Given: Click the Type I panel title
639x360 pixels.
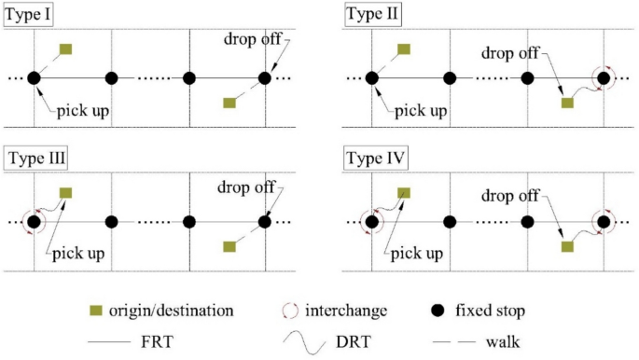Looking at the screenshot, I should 29,15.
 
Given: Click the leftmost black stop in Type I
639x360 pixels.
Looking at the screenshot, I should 35,78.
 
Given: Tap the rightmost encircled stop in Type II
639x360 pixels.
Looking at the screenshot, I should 604,78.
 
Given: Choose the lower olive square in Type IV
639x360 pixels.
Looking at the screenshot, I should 566,245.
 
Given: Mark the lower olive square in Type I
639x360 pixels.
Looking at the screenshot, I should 229,103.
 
